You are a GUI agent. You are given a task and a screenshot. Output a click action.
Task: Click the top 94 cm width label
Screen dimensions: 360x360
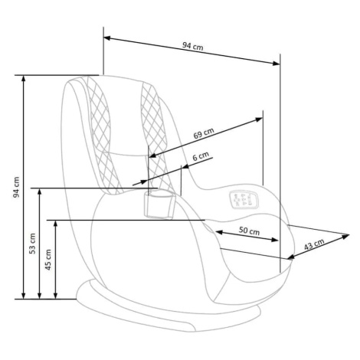click(x=193, y=46)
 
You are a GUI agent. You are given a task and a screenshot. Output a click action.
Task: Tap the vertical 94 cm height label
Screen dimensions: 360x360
click(x=16, y=187)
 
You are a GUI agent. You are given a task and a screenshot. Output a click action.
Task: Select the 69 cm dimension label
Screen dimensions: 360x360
click(x=204, y=133)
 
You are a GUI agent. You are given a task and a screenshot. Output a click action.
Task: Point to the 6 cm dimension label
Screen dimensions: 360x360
click(x=201, y=156)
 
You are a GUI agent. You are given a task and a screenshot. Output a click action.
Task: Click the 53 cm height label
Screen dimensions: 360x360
click(x=33, y=244)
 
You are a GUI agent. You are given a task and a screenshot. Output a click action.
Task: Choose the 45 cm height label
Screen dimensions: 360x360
click(x=48, y=260)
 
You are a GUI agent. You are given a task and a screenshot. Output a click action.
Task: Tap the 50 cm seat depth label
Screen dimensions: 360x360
click(x=249, y=231)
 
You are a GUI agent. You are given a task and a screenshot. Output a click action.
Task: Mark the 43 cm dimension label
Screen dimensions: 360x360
click(x=314, y=244)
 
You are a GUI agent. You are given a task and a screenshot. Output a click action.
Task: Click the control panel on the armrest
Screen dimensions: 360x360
click(x=244, y=199)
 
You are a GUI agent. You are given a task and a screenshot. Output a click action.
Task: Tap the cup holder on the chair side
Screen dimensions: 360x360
click(x=159, y=205)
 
